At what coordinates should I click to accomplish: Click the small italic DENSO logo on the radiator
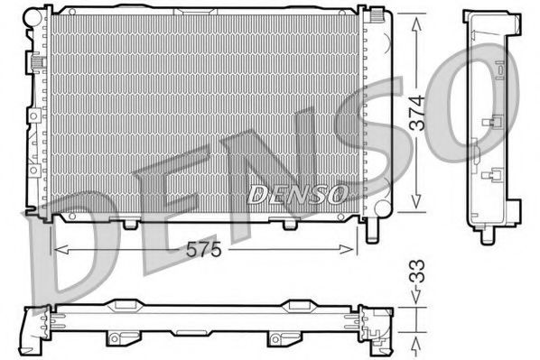(297, 193)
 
